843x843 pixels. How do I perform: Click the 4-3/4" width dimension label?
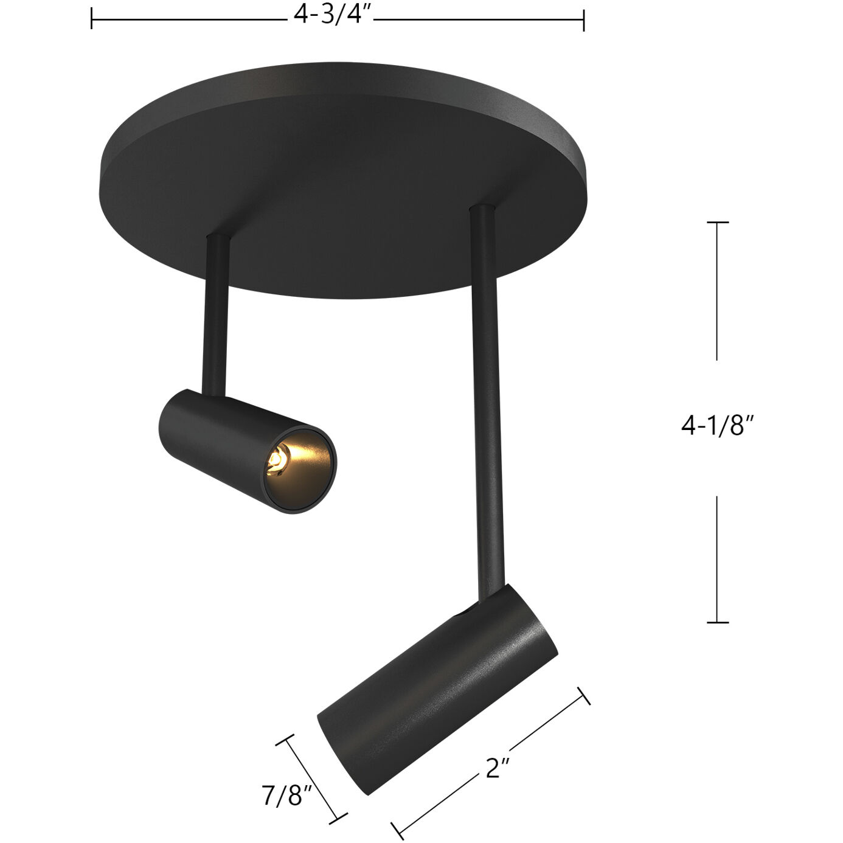click(x=332, y=15)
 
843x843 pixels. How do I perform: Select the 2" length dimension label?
click(x=497, y=769)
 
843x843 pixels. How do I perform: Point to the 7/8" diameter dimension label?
click(x=286, y=795)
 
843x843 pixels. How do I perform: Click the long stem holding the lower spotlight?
click(x=488, y=395)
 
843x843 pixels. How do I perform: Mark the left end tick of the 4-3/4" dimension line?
click(x=91, y=19)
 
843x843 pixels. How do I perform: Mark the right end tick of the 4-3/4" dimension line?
click(x=584, y=19)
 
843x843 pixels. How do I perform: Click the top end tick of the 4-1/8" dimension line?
click(x=718, y=223)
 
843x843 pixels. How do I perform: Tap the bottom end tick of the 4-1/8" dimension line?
click(x=718, y=622)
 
